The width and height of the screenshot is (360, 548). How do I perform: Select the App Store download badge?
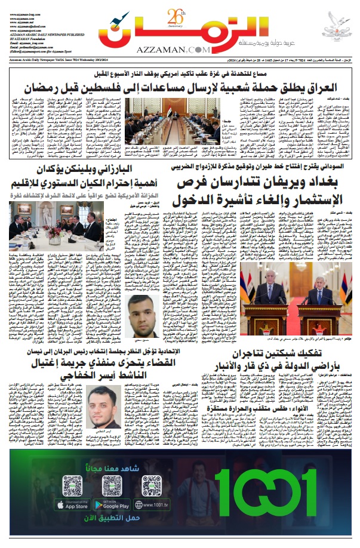point(73,505)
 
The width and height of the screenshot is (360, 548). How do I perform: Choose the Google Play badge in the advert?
point(111,505)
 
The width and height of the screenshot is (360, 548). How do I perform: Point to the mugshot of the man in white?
point(145,316)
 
